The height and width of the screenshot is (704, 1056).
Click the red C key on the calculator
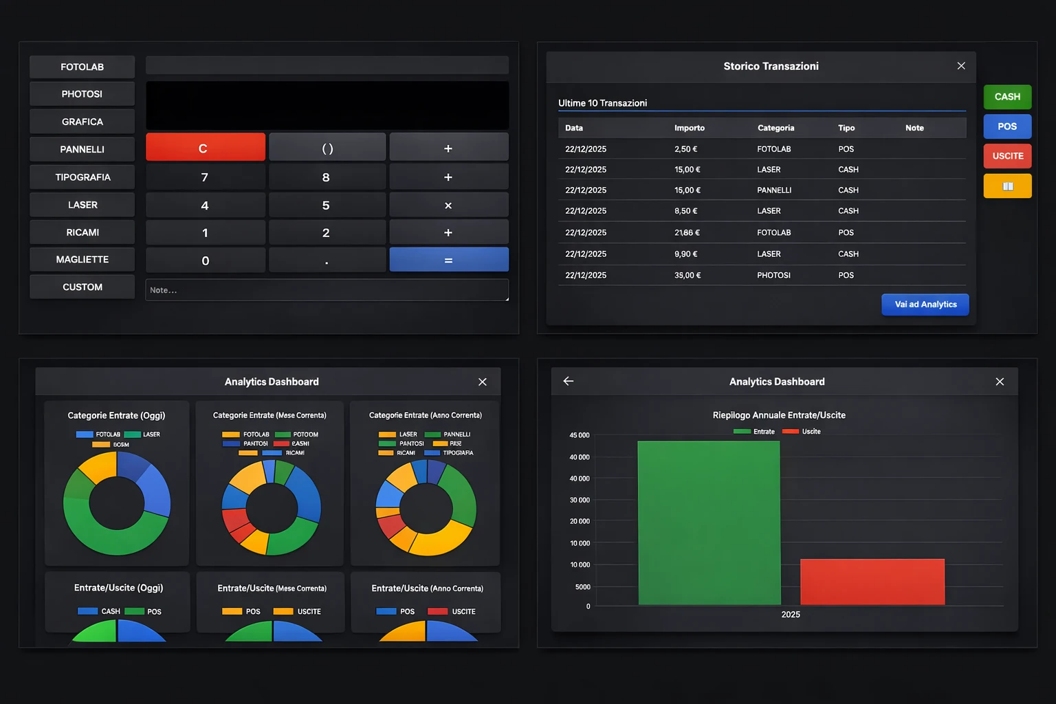(205, 148)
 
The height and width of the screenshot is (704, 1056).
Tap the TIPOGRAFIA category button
(82, 177)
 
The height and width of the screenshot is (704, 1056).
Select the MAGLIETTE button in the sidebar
(82, 259)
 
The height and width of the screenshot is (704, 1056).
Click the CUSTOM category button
(82, 287)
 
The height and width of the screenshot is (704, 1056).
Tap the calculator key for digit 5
(327, 206)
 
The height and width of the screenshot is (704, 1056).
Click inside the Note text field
(327, 290)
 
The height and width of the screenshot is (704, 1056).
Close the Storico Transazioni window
(961, 66)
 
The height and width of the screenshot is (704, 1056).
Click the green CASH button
(1007, 97)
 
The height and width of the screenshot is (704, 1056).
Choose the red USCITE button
(1007, 156)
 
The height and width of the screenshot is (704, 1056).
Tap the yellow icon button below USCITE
(1007, 186)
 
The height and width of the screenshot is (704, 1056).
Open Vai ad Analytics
(925, 305)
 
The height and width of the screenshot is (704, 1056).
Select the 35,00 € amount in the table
(687, 275)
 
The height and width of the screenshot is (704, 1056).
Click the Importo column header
(690, 128)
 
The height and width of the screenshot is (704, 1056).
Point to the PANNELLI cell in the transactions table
(774, 190)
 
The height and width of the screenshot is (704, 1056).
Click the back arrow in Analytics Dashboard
(569, 381)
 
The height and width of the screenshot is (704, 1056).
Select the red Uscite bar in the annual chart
(872, 582)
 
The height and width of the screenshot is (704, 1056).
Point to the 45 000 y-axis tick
(579, 435)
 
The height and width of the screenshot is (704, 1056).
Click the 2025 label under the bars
(791, 615)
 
